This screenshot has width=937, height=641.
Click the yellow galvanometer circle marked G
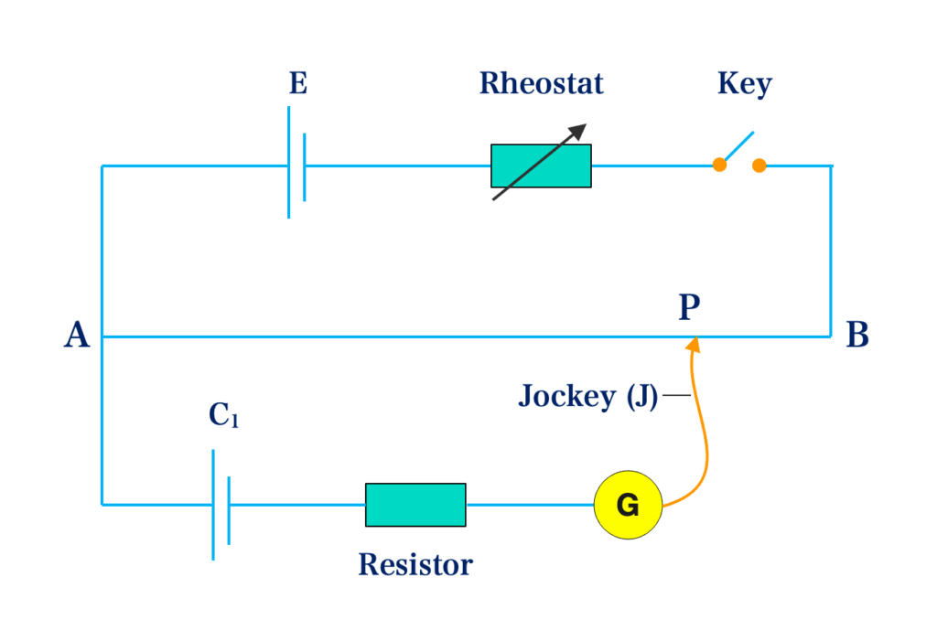[627, 504]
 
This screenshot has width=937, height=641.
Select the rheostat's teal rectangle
[541, 166]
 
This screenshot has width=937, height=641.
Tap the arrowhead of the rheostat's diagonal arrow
[579, 131]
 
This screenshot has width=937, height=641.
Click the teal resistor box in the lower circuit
[415, 505]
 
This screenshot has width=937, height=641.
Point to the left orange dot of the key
[720, 165]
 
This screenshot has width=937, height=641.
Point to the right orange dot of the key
[759, 165]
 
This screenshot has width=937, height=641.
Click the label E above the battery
[298, 84]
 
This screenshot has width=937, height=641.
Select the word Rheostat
[541, 84]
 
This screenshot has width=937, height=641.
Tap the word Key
[744, 84]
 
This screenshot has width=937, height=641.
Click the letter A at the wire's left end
[77, 337]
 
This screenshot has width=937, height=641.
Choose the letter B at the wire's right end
[857, 337]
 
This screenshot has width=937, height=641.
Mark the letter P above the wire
[689, 308]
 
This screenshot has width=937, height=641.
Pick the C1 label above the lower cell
[223, 416]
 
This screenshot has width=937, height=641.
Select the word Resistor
[415, 564]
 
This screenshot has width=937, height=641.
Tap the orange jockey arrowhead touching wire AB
[694, 344]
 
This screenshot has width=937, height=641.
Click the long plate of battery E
[289, 162]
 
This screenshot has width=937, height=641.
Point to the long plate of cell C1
[213, 504]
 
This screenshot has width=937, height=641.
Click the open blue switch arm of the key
[738, 147]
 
